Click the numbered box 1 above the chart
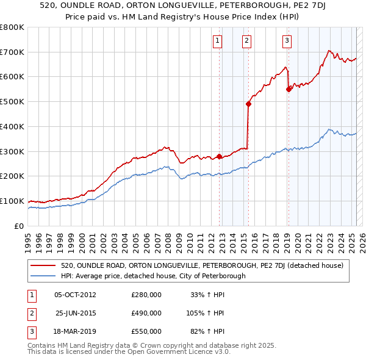coord(218,41)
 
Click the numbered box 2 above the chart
coord(246,41)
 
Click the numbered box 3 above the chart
coord(287,41)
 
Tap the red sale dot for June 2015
coord(248,104)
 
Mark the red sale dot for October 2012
coord(219,156)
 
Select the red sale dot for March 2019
coord(289,89)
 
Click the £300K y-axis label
coord(12,151)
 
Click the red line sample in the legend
coord(43,265)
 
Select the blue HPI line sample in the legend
coord(43,276)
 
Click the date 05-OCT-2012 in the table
coord(75,295)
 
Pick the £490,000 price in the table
coord(146,313)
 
